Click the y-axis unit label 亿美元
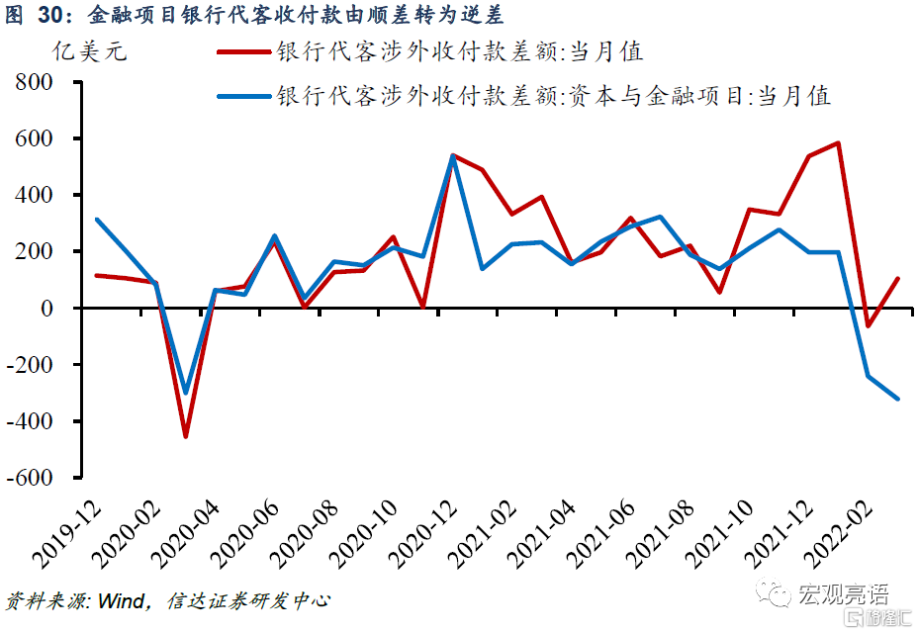(x=88, y=51)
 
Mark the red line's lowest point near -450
(x=184, y=436)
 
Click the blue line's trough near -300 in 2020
(x=184, y=394)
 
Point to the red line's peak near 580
(x=839, y=143)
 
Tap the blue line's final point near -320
(x=898, y=399)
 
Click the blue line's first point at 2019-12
(x=96, y=220)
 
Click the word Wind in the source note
(x=124, y=600)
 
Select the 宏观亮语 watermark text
(x=844, y=594)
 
